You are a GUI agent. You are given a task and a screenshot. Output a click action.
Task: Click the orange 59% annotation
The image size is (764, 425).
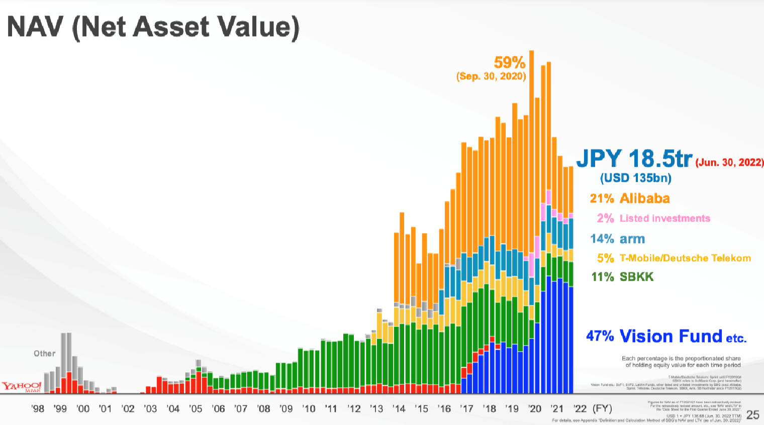(509, 63)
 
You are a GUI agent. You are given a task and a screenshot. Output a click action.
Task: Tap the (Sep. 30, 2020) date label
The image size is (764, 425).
(491, 76)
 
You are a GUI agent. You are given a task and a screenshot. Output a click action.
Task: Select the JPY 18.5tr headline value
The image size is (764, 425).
(634, 159)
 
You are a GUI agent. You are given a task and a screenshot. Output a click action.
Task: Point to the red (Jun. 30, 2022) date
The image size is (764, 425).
(729, 163)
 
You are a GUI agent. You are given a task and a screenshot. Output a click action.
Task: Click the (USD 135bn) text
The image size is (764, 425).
(636, 178)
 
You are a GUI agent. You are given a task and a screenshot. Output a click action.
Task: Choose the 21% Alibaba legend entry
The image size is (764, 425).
(630, 198)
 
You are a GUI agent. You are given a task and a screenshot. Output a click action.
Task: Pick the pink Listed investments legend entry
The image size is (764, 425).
(653, 219)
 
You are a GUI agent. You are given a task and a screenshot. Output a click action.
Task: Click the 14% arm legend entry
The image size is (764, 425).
(617, 239)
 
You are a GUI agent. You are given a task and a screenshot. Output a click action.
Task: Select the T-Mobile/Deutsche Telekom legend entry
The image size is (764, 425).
(674, 258)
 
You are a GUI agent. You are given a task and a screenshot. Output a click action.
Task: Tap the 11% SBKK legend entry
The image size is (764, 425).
(622, 277)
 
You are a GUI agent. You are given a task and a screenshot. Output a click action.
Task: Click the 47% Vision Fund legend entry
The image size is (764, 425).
(666, 336)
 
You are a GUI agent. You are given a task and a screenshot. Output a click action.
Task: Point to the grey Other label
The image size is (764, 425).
(44, 354)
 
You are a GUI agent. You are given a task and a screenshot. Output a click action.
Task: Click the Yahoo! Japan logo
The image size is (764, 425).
(21, 386)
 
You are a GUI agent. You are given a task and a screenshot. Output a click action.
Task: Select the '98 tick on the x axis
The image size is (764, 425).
(38, 409)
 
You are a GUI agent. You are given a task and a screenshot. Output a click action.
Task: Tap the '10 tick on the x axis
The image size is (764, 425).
(309, 409)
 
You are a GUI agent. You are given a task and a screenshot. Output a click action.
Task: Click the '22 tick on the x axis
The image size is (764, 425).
(580, 409)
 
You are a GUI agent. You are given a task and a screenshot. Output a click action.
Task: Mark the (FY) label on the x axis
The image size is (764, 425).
(602, 409)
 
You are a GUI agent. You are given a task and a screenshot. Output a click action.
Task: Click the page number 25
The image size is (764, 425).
(752, 415)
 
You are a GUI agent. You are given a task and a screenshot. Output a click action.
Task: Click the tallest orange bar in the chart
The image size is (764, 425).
(531, 151)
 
